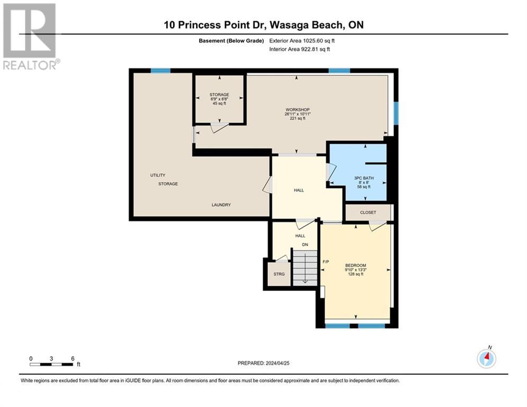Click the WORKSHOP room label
[x=298, y=110]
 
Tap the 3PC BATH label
[x=364, y=178]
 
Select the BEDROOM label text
[x=355, y=266]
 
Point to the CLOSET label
[x=368, y=213]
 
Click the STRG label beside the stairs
[x=279, y=274]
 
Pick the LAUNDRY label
[x=221, y=205]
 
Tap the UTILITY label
[x=158, y=175]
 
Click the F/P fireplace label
[x=326, y=262]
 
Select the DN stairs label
[x=305, y=245]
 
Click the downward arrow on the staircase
[x=305, y=268]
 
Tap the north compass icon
[x=486, y=358]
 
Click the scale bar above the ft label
[x=51, y=364]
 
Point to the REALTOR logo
[x=31, y=37]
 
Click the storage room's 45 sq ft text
[x=219, y=103]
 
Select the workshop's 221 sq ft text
[x=298, y=118]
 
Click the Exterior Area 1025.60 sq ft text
[x=302, y=41]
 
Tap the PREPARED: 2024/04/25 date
[x=264, y=363]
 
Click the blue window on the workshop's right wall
[x=396, y=113]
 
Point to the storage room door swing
[x=219, y=128]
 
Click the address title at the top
[x=264, y=25]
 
